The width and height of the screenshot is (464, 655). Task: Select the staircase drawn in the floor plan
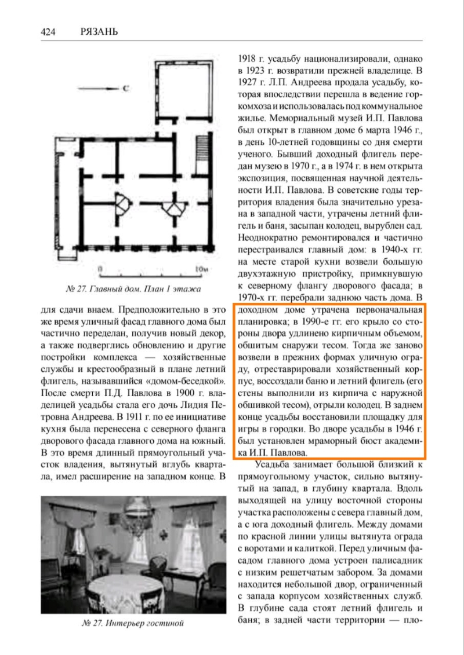[202, 145]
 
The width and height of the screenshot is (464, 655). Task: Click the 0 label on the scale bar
[100, 270]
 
